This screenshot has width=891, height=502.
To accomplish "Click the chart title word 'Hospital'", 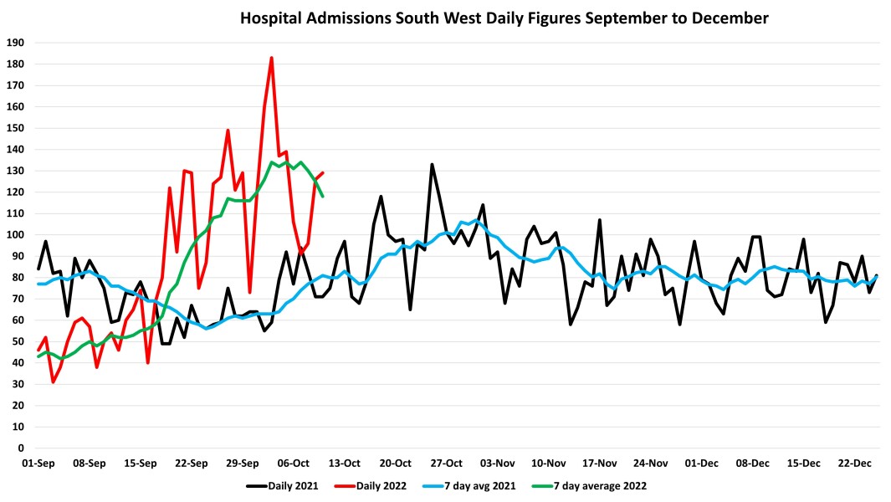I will [268, 18].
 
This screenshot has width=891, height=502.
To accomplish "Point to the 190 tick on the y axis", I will [16, 43].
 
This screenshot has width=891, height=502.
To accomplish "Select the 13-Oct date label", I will [345, 463].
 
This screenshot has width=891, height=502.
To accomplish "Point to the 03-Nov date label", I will [498, 463].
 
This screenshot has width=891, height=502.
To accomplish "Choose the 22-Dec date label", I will [855, 463].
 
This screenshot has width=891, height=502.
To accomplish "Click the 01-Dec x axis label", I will [702, 463].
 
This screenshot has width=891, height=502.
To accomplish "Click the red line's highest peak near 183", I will [272, 58].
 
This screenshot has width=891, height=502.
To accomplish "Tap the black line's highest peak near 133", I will [433, 164].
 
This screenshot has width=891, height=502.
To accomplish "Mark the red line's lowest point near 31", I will [53, 382].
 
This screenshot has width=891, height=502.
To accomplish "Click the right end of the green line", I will [323, 196].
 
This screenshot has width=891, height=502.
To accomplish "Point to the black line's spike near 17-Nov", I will [600, 220].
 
